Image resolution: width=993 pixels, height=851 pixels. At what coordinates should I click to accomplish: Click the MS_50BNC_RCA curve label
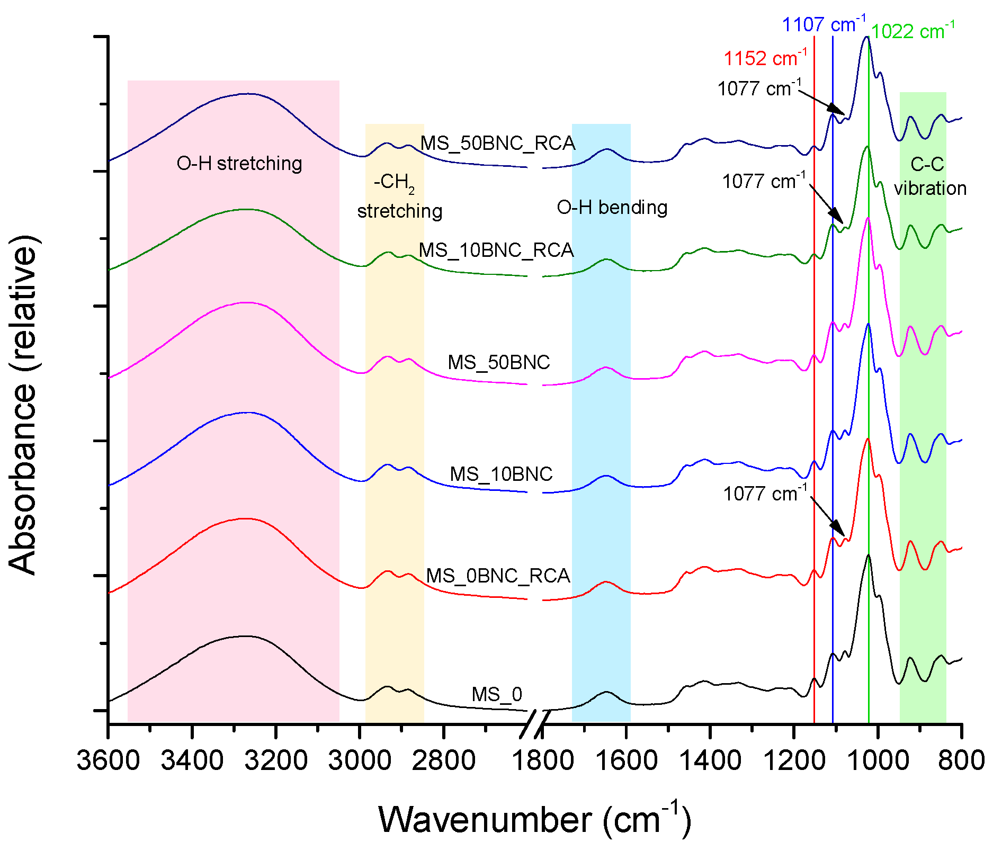497,144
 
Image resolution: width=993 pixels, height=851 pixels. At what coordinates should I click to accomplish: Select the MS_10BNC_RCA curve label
496,250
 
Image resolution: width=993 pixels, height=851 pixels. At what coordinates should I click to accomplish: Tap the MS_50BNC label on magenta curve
499,362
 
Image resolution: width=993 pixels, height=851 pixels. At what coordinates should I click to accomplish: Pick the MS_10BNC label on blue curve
501,474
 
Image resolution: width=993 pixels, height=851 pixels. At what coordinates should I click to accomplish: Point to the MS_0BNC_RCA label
498,576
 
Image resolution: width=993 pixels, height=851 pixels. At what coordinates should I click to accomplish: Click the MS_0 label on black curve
497,694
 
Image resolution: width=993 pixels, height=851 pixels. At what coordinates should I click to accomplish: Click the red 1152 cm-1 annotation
765,58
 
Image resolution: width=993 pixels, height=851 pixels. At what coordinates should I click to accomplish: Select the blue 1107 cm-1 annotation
824,24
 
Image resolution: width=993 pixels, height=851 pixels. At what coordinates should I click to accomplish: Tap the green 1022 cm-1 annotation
913,31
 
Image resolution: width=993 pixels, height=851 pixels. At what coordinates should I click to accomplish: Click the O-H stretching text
239,164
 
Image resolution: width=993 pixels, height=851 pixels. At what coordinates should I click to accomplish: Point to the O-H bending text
612,208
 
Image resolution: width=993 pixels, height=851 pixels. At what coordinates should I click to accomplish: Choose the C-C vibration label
929,176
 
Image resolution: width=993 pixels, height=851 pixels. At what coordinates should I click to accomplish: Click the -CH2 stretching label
399,196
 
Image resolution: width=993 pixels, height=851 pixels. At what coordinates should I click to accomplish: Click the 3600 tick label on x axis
108,761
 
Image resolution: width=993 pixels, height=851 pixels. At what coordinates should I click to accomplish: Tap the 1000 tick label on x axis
878,761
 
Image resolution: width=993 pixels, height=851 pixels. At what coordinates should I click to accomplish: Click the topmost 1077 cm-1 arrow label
759,88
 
